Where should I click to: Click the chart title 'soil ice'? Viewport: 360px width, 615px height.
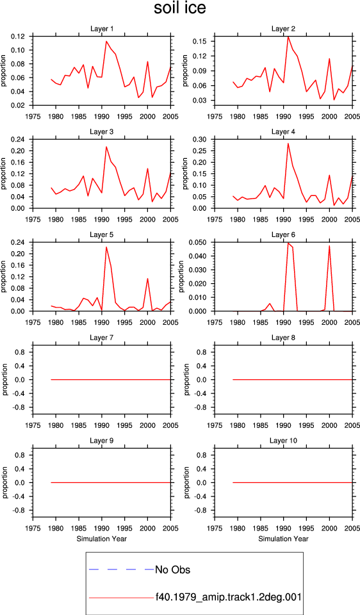coord(179,8)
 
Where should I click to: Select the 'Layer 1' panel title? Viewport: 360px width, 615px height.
coord(102,29)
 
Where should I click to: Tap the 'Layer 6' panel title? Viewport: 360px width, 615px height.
coord(284,235)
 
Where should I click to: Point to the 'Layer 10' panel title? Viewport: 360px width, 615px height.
coord(284,441)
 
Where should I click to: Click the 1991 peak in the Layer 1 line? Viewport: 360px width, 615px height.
coord(106,41)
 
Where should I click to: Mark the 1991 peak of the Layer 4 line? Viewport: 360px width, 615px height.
coord(288,143)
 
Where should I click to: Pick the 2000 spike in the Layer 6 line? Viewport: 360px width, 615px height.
coord(329,246)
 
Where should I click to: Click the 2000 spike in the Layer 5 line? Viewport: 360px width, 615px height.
coord(147,279)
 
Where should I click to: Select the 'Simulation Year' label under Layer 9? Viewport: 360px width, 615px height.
coord(102,539)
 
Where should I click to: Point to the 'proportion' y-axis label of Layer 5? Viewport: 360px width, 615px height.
coord(4,277)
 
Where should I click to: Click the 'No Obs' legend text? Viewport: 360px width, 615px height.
coord(172,570)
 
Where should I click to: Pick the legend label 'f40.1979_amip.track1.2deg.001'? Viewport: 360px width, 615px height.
coord(228,597)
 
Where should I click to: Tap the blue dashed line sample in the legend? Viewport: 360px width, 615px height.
coord(122,569)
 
